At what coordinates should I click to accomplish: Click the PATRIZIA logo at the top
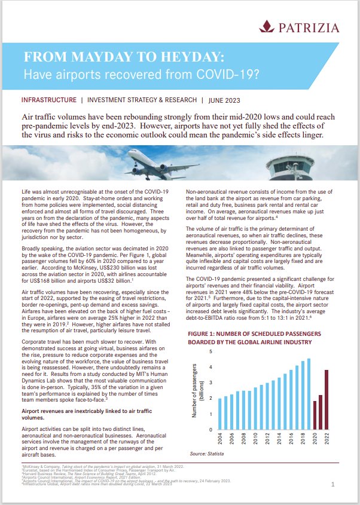click(x=300, y=27)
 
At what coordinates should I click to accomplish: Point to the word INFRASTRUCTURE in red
click(x=48, y=100)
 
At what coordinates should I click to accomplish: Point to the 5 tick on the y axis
click(x=210, y=351)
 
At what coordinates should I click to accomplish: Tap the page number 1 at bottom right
click(x=332, y=486)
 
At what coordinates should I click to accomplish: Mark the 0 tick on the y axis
click(x=210, y=429)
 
